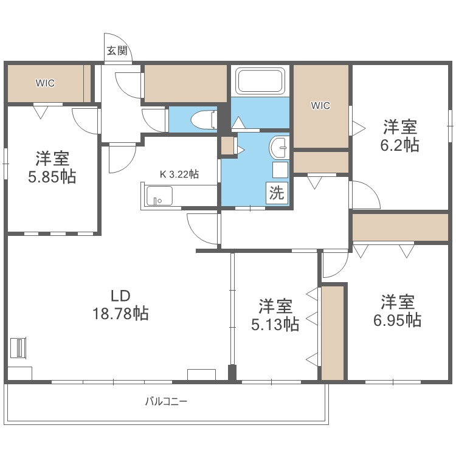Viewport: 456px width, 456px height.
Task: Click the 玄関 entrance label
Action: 117,51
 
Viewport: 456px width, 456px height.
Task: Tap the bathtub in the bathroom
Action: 260,81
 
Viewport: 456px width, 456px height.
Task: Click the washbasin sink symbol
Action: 280,147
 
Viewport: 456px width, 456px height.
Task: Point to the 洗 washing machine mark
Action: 277,193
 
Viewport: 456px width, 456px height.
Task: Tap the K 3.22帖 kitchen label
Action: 179,174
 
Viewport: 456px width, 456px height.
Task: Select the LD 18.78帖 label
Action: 120,305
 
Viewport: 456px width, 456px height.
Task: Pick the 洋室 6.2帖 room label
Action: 399,136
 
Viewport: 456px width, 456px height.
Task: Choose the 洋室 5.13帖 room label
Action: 275,315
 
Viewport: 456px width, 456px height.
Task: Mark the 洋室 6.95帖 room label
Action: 398,311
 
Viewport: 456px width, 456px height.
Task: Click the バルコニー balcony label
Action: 166,401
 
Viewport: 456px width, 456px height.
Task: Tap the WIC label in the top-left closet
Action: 44,83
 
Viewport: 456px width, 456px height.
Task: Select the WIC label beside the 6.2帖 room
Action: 320,106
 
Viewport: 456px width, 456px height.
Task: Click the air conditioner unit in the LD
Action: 19,348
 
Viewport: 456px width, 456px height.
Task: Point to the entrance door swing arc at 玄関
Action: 112,43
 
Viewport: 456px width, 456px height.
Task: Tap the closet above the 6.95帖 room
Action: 400,227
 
